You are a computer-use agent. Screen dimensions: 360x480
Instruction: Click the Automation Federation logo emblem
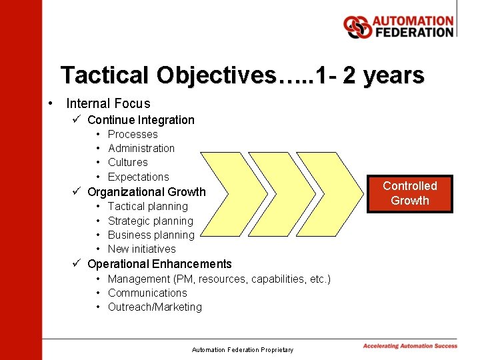click(x=357, y=27)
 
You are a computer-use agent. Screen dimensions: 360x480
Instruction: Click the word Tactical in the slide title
click(x=105, y=75)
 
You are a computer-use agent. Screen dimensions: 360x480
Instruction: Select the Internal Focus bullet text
click(x=108, y=103)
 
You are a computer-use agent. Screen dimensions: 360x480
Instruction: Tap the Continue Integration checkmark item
click(x=141, y=120)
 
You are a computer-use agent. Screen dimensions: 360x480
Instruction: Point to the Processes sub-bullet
click(x=133, y=134)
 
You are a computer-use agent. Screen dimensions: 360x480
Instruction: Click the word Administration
click(x=141, y=148)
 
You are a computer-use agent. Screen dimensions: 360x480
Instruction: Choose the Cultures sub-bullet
click(x=128, y=162)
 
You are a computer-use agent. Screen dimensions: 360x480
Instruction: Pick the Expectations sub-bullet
click(x=139, y=177)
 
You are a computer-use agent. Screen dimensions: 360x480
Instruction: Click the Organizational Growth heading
click(x=147, y=192)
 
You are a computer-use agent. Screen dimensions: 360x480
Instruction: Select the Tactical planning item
click(x=147, y=207)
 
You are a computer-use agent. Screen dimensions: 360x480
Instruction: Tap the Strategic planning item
click(x=150, y=221)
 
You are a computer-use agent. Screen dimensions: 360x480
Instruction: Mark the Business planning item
click(x=151, y=235)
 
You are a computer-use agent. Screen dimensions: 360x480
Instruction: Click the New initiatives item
click(x=141, y=249)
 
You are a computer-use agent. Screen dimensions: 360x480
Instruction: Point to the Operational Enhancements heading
click(x=159, y=264)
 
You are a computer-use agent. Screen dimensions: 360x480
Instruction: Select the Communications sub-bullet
click(x=147, y=293)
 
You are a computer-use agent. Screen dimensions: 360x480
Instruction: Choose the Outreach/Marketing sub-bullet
click(x=155, y=307)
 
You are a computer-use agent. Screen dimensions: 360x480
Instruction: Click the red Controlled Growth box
click(x=409, y=193)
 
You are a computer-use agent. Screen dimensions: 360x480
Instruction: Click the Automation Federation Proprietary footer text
click(x=242, y=349)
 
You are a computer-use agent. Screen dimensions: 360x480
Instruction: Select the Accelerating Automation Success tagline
click(x=410, y=346)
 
